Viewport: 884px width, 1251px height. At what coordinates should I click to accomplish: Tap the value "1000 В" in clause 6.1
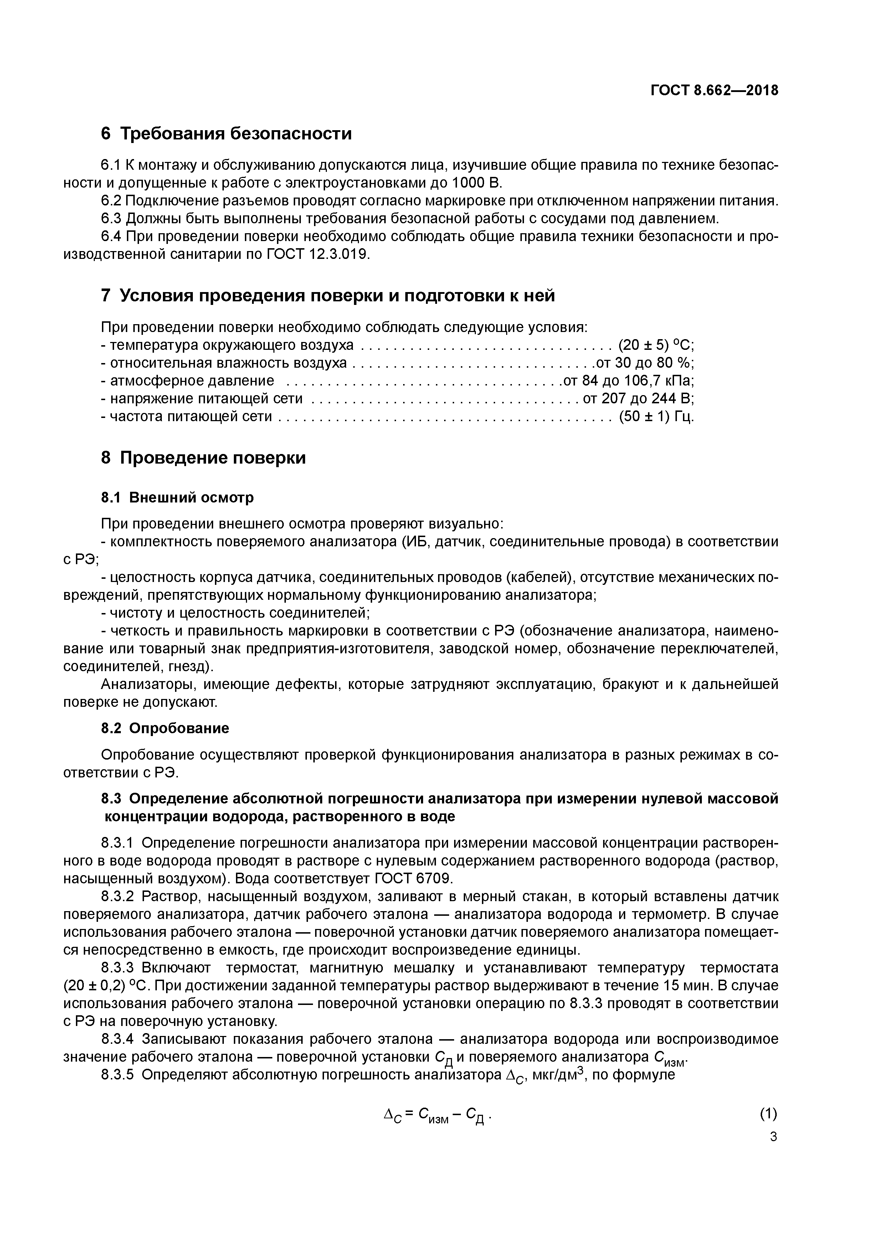coord(477,183)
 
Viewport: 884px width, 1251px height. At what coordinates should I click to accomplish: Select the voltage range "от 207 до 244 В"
coord(638,398)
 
